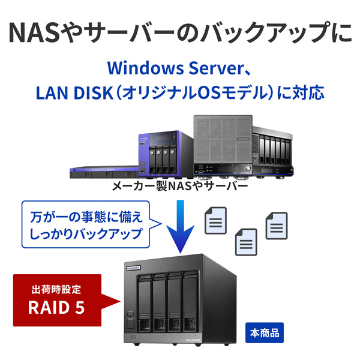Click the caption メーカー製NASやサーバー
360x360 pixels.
tap(180, 187)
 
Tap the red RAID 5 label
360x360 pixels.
tap(57, 307)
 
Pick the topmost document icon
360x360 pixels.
tap(217, 220)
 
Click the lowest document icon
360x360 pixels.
tap(245, 244)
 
